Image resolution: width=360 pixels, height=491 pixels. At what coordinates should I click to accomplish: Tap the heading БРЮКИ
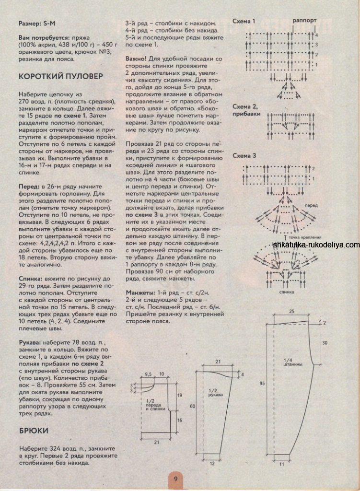34,430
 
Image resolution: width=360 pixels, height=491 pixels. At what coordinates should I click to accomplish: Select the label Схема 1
244,22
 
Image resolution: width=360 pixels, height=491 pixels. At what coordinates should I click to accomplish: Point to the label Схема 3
244,156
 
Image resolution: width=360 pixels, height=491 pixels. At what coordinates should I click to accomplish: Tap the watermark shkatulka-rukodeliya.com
316,245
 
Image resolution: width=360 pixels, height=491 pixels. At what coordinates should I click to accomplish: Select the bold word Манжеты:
140,292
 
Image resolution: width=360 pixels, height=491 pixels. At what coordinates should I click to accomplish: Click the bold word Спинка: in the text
32,278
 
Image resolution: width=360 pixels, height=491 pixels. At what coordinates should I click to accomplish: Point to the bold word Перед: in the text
30,185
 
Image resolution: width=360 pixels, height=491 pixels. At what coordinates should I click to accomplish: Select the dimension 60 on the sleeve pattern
191,407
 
